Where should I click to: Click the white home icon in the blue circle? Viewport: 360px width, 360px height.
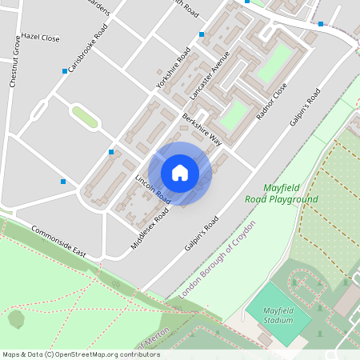pyautogui.click(x=180, y=173)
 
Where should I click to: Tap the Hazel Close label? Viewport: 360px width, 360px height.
pyautogui.click(x=41, y=38)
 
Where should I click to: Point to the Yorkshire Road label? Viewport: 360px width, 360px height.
pyautogui.click(x=174, y=67)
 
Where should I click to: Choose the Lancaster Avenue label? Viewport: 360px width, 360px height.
pyautogui.click(x=210, y=75)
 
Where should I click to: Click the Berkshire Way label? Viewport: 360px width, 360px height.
pyautogui.click(x=201, y=129)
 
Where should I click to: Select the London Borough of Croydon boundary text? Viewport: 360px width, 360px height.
pyautogui.click(x=217, y=260)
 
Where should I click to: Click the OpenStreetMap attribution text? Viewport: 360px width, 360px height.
pyautogui.click(x=70, y=354)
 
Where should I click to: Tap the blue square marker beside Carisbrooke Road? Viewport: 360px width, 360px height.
pyautogui.click(x=65, y=71)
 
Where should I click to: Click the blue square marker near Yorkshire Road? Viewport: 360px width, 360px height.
pyautogui.click(x=202, y=34)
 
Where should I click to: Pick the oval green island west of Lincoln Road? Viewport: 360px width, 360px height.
pyautogui.click(x=84, y=117)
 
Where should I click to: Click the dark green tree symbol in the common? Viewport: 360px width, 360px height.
pyautogui.click(x=16, y=318)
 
